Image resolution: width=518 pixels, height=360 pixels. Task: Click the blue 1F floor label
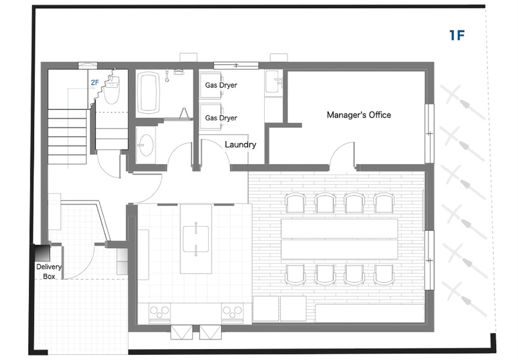point(457,35)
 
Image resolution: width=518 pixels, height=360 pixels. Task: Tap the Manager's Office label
point(359,115)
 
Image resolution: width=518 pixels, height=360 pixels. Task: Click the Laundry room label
point(241,145)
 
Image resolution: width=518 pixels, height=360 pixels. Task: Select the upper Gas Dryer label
point(221,85)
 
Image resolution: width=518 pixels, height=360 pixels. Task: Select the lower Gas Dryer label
point(221,118)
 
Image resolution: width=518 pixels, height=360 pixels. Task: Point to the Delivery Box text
point(49,271)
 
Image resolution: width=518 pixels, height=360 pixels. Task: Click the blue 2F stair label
point(95,82)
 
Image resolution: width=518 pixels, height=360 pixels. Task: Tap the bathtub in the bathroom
point(148,93)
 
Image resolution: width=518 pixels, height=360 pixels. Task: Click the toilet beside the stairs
point(112,90)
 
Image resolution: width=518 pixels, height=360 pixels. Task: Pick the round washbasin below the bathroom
point(146,145)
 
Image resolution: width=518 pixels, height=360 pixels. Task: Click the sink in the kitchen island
point(196,239)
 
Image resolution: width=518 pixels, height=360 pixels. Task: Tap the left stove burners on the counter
point(160,312)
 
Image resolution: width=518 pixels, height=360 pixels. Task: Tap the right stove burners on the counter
point(233,312)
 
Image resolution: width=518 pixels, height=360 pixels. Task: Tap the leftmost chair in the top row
point(296,203)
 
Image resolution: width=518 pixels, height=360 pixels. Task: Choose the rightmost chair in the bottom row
point(384,275)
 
